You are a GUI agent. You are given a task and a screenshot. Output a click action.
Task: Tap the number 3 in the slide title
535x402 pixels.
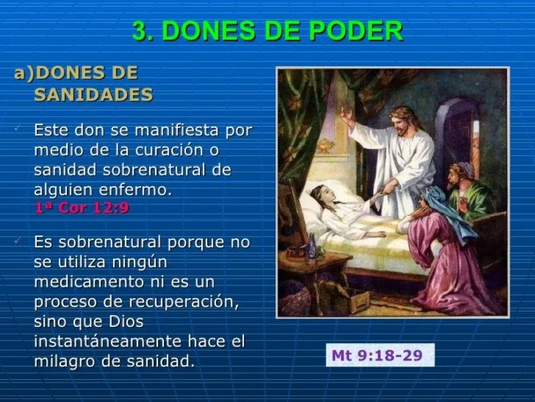click(x=140, y=31)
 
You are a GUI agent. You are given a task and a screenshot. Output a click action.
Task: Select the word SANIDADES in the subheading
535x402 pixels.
click(x=93, y=94)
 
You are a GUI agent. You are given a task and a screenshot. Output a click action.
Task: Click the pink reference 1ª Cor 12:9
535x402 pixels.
click(x=82, y=208)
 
